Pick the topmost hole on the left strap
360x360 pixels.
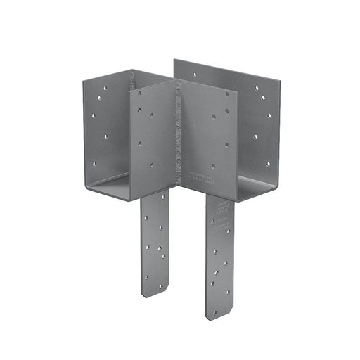146,219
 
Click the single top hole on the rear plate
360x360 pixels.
194,73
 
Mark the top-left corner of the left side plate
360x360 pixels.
83,79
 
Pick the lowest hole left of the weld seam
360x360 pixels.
152,165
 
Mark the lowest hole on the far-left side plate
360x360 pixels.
94,164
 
